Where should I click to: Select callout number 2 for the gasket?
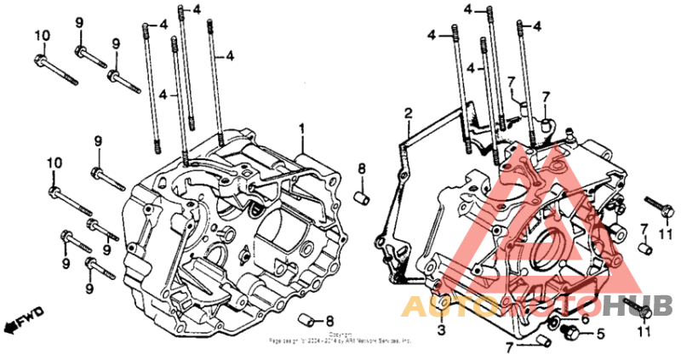408,113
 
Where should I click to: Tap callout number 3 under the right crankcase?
442,329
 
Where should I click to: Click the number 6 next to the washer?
585,318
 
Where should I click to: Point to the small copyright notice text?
340,339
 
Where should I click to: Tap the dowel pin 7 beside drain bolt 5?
545,341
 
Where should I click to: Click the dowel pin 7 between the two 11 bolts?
645,249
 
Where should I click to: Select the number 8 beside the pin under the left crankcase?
330,319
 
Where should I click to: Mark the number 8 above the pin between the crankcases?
361,169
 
